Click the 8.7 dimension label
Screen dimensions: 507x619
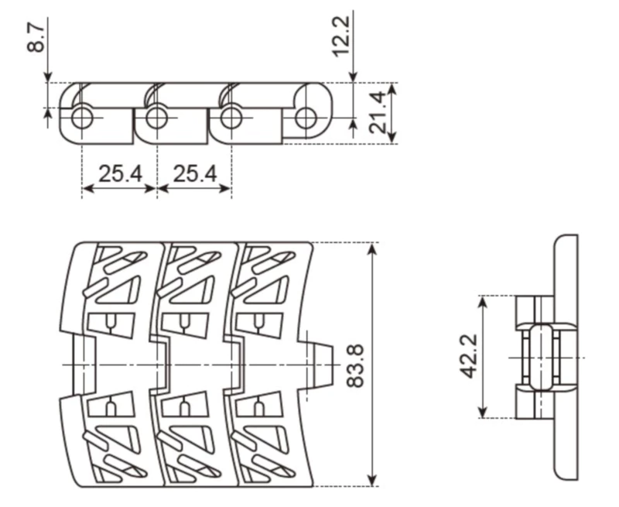[x=35, y=37]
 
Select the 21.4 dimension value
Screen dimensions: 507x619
[x=378, y=113]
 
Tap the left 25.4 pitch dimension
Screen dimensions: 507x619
[x=119, y=173]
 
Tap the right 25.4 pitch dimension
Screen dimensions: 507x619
[x=194, y=173]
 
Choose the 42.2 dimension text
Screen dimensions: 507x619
[x=467, y=357]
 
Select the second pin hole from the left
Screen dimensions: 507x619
[x=156, y=118]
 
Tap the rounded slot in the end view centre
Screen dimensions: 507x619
[x=541, y=357]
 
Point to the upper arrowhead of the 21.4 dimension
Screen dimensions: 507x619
[x=392, y=88]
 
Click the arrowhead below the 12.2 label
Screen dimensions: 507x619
[x=353, y=77]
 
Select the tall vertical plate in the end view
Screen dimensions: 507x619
[x=567, y=357]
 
